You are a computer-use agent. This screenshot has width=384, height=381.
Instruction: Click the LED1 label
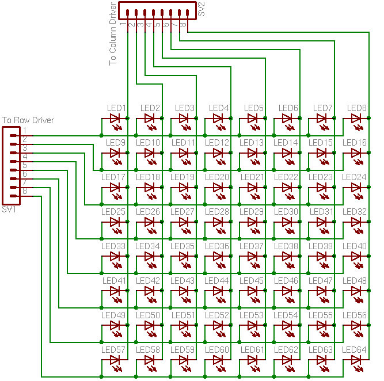click(116, 108)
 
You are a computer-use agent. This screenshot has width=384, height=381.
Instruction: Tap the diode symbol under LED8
click(357, 119)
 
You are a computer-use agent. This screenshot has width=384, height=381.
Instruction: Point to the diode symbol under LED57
click(115, 360)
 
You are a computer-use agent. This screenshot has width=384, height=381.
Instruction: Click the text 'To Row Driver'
click(28, 120)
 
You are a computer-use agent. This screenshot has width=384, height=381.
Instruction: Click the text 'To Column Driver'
click(113, 33)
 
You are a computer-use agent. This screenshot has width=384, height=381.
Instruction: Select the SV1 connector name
click(9, 209)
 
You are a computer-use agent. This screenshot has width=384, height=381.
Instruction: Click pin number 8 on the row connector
click(24, 191)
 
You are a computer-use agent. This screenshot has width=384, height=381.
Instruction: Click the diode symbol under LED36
click(218, 257)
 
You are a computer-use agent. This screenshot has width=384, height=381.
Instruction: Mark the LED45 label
click(252, 280)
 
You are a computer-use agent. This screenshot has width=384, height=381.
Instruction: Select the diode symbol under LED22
click(287, 188)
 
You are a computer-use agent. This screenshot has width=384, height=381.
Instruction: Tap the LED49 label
click(113, 315)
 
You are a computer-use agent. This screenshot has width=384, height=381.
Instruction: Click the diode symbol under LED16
click(357, 153)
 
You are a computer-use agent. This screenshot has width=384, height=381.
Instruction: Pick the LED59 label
click(183, 349)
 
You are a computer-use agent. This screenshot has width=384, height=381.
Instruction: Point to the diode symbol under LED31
click(322, 222)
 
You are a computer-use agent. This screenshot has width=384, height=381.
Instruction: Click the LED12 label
click(217, 142)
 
